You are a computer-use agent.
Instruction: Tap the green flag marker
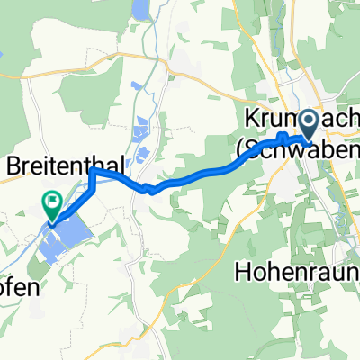coord(54,203)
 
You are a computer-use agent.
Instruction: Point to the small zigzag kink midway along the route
coord(146,187)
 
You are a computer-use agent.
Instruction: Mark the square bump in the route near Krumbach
coord(283,138)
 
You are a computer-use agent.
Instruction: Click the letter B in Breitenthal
coord(13,166)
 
